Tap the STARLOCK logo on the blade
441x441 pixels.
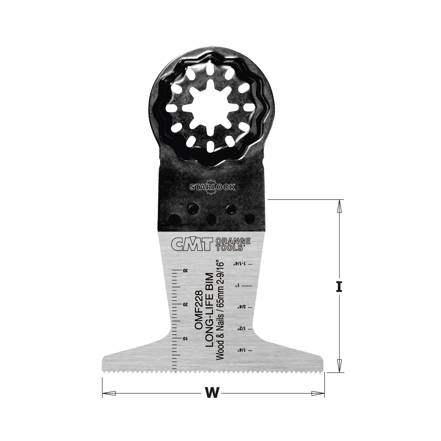(x=213, y=187)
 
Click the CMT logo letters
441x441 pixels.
(x=191, y=244)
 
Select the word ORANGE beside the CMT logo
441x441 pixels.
(x=232, y=241)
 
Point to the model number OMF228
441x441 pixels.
(x=199, y=310)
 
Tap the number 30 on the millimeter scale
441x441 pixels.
(x=185, y=271)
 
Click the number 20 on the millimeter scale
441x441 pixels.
(x=185, y=305)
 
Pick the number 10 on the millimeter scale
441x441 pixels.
(x=185, y=338)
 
